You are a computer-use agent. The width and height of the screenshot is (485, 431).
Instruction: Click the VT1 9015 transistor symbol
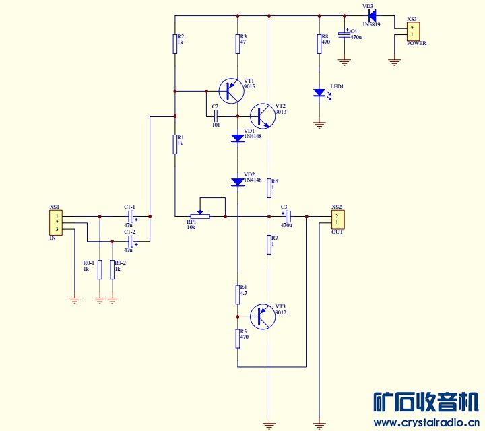coord(231,91)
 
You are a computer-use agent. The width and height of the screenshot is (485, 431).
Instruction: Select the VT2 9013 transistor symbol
coord(263,116)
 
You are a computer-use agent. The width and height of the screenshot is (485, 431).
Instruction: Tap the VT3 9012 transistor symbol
coord(263,317)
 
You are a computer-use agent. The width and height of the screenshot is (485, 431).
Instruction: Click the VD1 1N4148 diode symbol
coord(238,138)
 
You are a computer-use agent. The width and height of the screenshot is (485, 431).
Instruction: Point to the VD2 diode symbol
coord(238,182)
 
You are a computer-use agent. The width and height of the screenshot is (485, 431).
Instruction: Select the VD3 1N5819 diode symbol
coord(373,15)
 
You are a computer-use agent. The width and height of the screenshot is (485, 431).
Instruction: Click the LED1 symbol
coord(321,94)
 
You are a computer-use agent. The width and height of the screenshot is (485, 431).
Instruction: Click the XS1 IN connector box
coord(57,223)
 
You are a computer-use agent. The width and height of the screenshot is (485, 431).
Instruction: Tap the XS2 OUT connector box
coord(337,220)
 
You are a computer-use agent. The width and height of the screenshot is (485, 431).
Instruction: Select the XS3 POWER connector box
coord(413,31)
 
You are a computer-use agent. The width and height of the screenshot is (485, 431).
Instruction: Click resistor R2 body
coord(174,44)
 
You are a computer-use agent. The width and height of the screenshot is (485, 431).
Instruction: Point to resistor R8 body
coord(319,44)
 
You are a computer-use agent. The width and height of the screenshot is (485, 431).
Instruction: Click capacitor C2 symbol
coord(216,117)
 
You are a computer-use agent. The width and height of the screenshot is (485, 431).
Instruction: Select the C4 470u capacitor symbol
coord(344,34)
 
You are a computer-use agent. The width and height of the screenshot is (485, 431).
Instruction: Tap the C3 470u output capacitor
coord(288,216)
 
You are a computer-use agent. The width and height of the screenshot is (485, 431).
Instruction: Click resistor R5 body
coord(238,339)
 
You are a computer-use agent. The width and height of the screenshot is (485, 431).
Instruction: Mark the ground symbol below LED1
coord(319,125)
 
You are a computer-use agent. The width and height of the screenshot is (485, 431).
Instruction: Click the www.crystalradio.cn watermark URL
coord(426,422)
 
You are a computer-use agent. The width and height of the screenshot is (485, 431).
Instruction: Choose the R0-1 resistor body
coord(100,269)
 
